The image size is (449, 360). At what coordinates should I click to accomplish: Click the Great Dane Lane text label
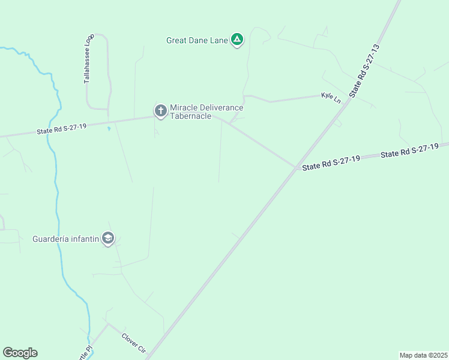coord(197,41)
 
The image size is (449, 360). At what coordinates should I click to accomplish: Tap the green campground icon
coord(238,40)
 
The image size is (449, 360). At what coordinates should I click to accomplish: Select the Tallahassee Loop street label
coord(88,58)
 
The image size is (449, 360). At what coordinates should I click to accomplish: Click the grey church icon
coord(160,110)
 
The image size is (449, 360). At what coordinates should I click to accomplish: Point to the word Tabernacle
coord(190,116)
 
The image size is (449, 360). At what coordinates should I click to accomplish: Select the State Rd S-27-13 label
coord(365,71)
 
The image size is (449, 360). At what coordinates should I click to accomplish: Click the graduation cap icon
coord(108,239)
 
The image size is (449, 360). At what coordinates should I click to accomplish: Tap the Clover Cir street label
coord(134,343)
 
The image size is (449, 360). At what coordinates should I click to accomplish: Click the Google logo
coord(20,353)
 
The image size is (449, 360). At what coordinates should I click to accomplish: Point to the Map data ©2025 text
coord(423,355)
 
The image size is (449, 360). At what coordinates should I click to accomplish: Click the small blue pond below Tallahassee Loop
coord(109,128)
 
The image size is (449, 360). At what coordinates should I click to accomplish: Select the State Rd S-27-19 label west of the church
coord(62,129)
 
